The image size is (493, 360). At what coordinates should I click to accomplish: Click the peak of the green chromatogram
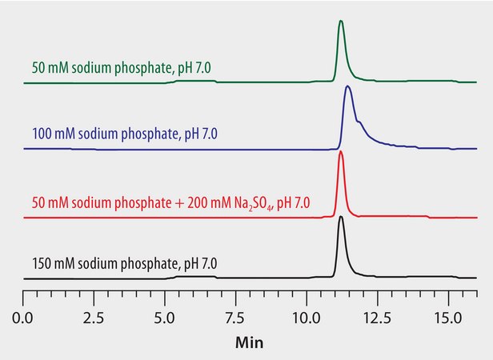[x=341, y=22]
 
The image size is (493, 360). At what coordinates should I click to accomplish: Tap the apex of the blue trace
[x=347, y=86]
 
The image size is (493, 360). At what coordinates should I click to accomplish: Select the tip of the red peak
[x=341, y=152]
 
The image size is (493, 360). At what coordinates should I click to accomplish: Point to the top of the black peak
[x=341, y=218]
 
